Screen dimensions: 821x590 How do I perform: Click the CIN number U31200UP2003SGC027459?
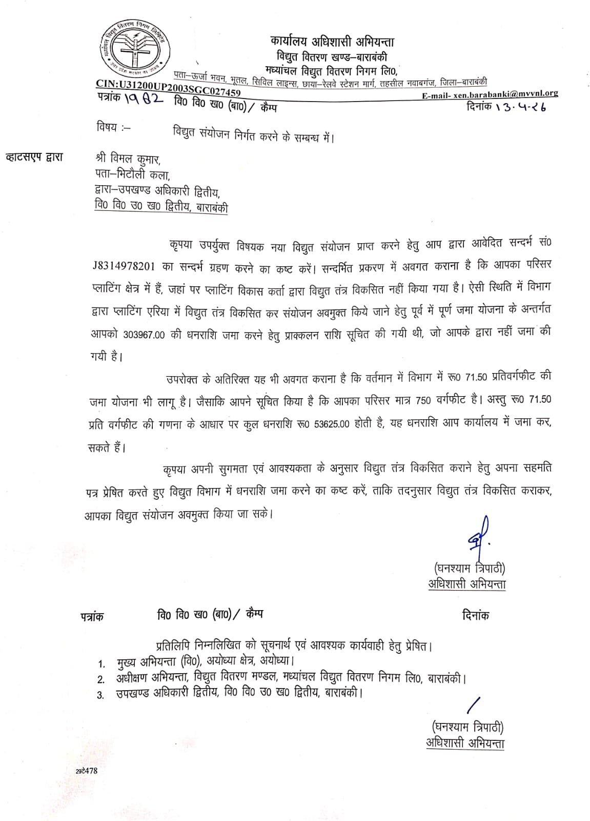[x=168, y=88]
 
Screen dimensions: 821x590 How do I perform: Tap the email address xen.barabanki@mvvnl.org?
[x=490, y=94]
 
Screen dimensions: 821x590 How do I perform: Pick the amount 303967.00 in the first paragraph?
[x=144, y=335]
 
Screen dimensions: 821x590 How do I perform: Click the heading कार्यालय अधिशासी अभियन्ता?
[x=333, y=42]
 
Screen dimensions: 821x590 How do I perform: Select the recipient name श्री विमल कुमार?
[x=128, y=159]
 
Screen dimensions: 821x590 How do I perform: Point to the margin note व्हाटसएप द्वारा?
[x=34, y=157]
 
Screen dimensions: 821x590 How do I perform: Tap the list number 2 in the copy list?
[x=101, y=680]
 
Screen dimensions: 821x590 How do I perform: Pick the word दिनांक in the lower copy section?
[x=475, y=615]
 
